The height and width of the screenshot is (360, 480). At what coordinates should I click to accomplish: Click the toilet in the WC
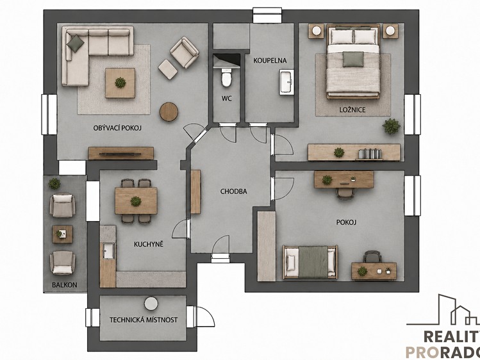click(226, 78)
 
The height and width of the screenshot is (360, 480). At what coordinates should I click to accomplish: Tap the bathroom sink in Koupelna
click(286, 82)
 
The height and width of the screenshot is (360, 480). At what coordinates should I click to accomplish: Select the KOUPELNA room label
click(270, 61)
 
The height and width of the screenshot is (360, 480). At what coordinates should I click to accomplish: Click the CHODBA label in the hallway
click(233, 192)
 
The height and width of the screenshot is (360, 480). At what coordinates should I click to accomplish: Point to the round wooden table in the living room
click(169, 111)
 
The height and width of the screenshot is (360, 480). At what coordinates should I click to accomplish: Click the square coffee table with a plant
click(120, 83)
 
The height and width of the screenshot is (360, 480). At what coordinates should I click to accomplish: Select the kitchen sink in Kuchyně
click(109, 251)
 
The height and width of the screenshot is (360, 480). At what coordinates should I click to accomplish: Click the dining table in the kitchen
click(136, 201)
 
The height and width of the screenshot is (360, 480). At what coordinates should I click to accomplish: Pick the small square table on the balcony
click(62, 234)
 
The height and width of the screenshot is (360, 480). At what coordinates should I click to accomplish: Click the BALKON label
click(64, 285)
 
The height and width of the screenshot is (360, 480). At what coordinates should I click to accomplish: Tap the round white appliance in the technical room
click(151, 304)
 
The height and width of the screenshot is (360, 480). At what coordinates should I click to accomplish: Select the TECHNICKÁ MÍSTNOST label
click(144, 320)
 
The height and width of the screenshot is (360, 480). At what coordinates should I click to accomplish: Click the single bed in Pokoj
click(310, 262)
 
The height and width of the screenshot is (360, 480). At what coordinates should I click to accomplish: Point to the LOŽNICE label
click(352, 110)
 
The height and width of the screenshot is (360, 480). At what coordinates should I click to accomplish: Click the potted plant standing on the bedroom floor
click(391, 126)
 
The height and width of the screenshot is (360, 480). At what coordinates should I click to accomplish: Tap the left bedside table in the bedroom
click(316, 31)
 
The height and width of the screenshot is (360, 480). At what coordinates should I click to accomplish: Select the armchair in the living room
click(185, 52)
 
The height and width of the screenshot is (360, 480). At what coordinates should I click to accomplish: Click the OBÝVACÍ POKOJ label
click(117, 128)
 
